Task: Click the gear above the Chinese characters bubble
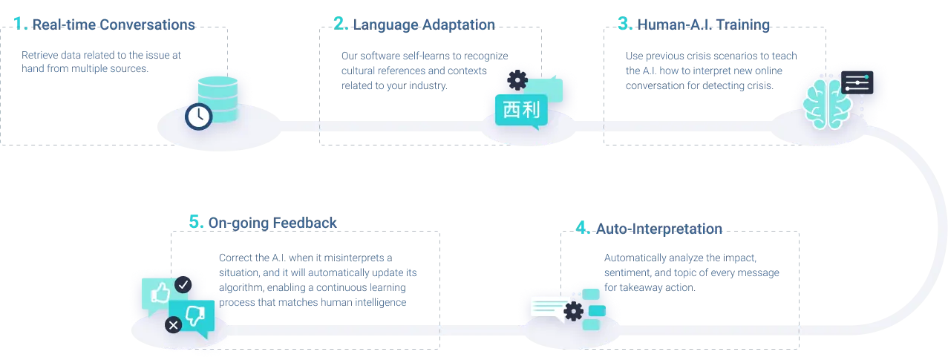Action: tap(517, 79)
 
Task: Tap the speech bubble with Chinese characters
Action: tap(521, 111)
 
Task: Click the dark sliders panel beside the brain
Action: tap(857, 82)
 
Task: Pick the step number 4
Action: tap(583, 229)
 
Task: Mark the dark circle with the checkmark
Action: tap(183, 284)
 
